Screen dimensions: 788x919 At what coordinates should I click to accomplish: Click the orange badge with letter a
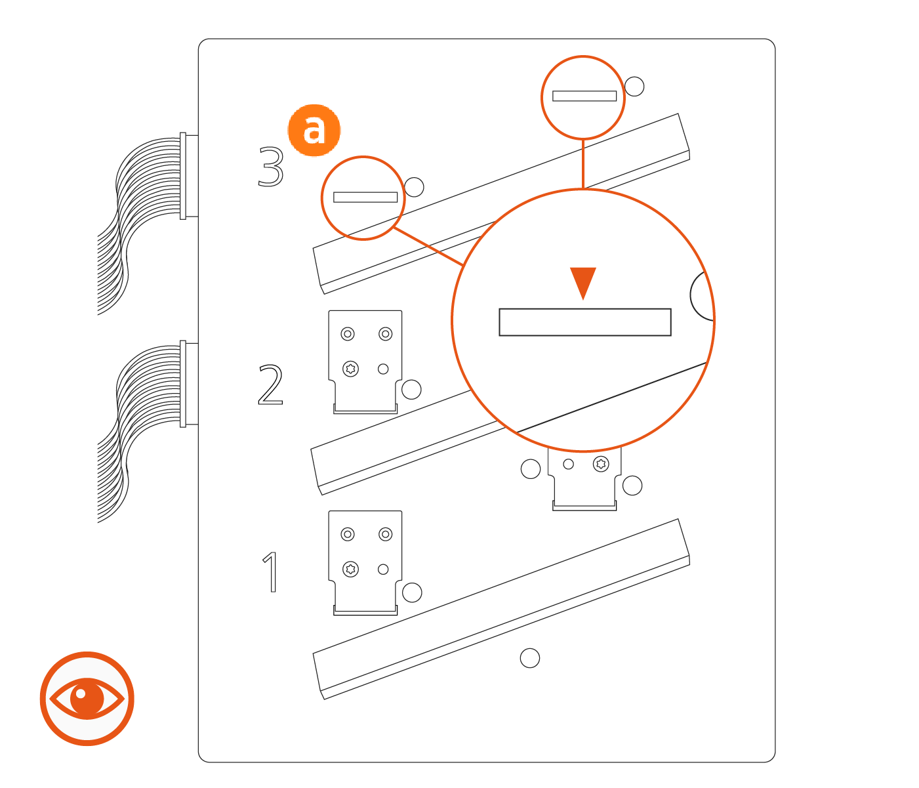[x=314, y=130]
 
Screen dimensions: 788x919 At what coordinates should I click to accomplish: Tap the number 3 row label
[x=271, y=167]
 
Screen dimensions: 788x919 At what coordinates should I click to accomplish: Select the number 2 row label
[x=270, y=385]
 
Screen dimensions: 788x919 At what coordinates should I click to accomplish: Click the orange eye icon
[x=87, y=698]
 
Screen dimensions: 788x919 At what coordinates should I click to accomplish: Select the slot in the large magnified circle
[x=584, y=322]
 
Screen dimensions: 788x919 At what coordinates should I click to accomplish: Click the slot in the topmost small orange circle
[x=584, y=96]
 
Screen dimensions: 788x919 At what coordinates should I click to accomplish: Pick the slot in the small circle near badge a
[x=365, y=197]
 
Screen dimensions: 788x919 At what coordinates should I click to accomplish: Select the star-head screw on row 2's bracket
[x=351, y=369]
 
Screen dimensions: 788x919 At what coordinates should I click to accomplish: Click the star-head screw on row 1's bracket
[x=351, y=569]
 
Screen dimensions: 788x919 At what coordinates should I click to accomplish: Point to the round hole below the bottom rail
[x=529, y=658]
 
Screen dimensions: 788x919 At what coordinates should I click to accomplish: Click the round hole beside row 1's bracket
[x=412, y=592]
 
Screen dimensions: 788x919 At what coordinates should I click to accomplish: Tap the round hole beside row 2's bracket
[x=411, y=390]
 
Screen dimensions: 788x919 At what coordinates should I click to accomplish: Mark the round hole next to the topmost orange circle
[x=634, y=87]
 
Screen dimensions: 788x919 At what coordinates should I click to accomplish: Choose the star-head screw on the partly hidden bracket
[x=601, y=465]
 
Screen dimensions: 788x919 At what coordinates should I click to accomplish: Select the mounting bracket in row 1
[x=365, y=561]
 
